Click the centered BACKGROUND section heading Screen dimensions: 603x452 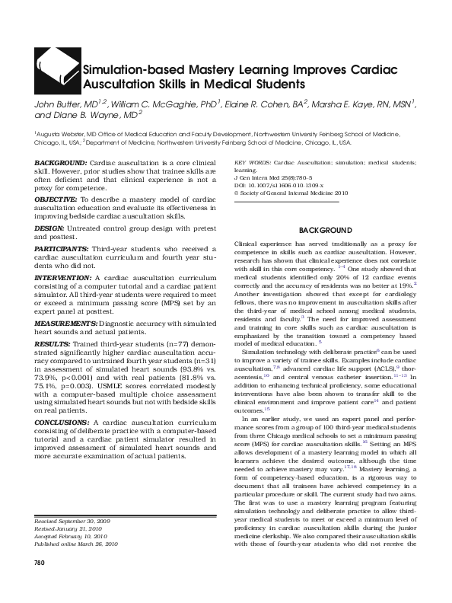click(x=325, y=229)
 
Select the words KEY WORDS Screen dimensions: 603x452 click(x=252, y=164)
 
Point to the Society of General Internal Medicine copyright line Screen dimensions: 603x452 click(x=281, y=193)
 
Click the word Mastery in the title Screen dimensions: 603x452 click(x=189, y=69)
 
